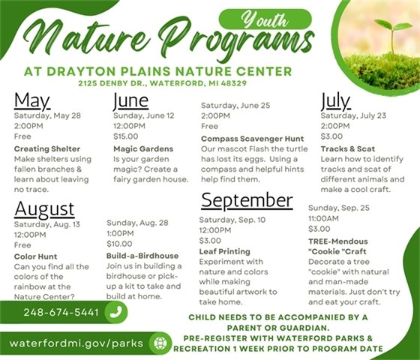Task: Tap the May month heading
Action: tap(32, 101)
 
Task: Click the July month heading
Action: tap(335, 101)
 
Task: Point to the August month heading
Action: tap(44, 208)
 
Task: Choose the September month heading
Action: tap(246, 200)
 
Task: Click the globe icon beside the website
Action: tap(159, 343)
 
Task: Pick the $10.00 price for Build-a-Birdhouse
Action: tap(119, 244)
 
